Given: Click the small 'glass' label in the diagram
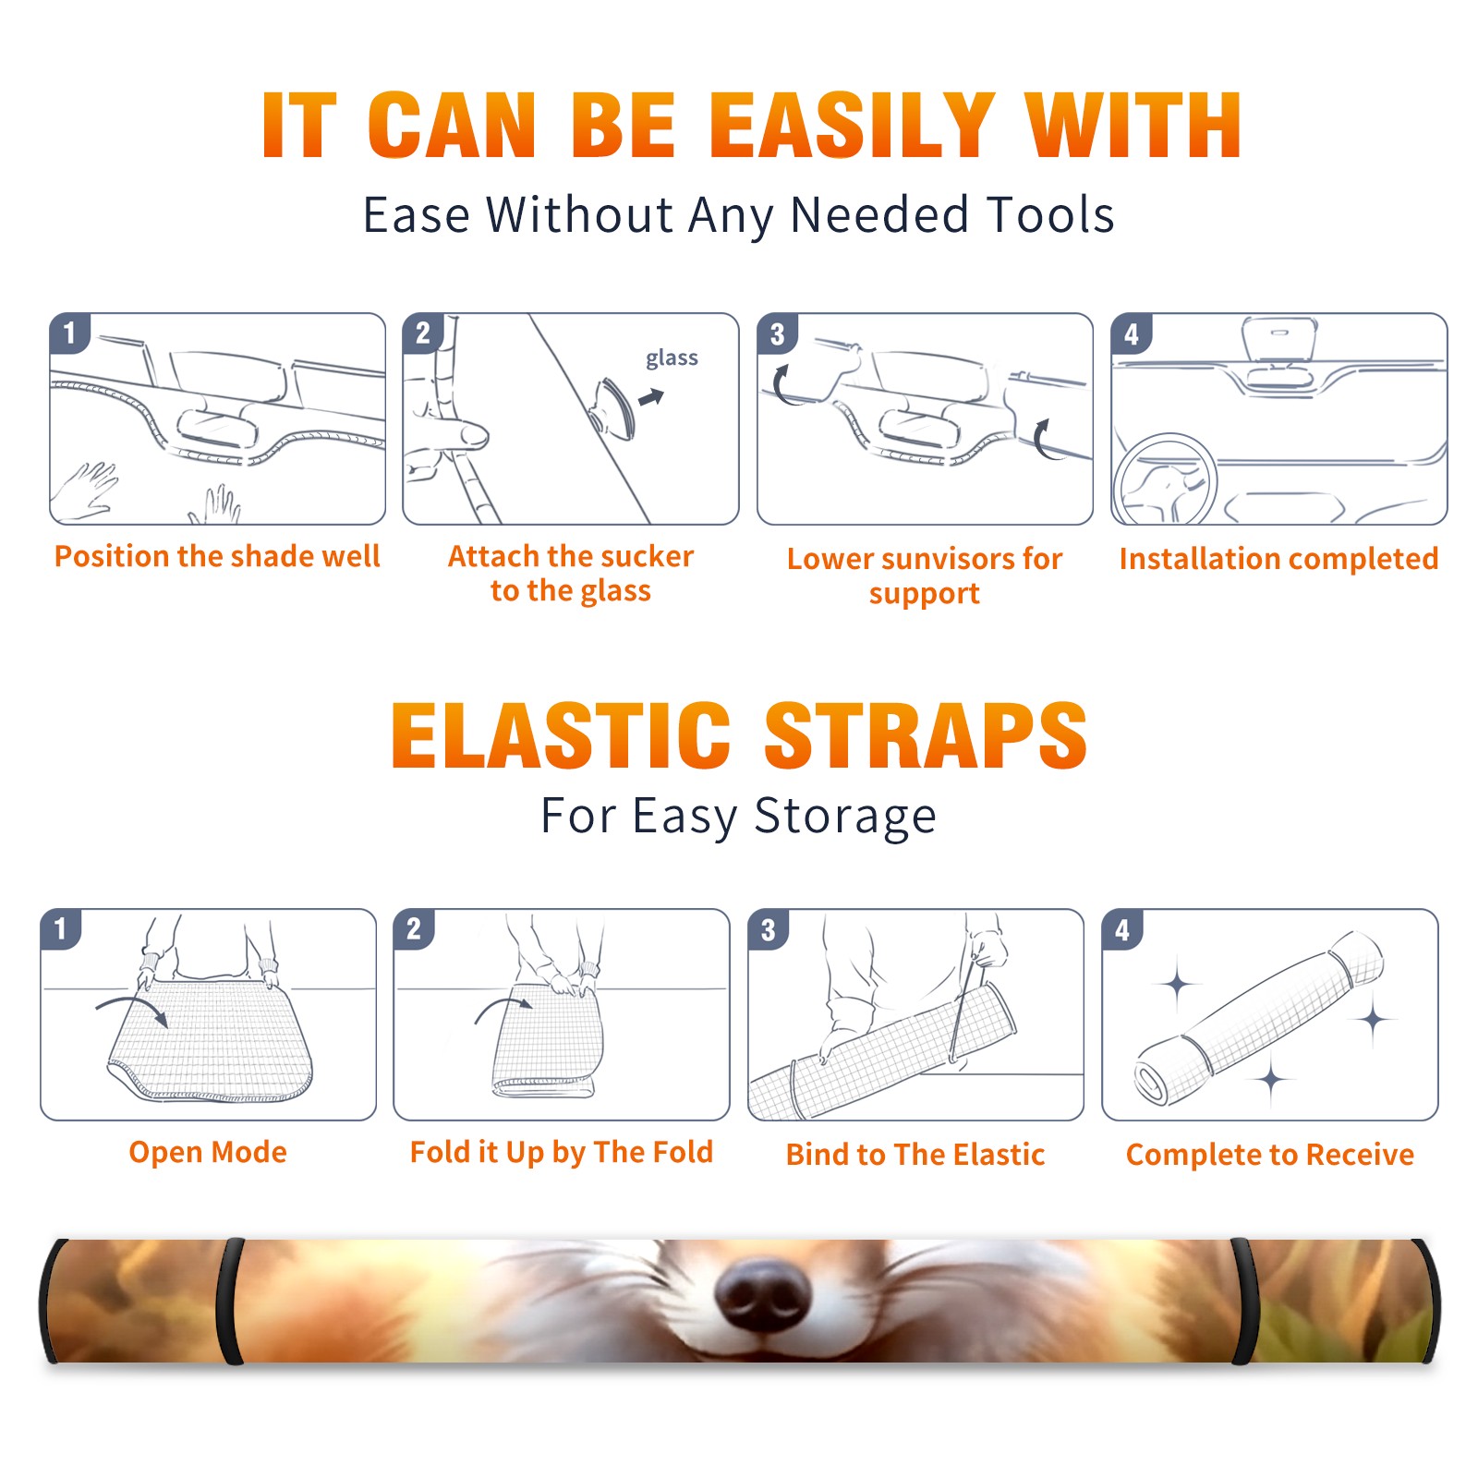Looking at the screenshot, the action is tap(672, 358).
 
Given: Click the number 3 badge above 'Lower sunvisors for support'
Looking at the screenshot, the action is tap(777, 333).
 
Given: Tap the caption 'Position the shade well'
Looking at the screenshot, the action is tap(217, 556).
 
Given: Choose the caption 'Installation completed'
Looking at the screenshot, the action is tap(1278, 558).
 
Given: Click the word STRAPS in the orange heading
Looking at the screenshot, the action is tap(926, 735).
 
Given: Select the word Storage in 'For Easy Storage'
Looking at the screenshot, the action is tap(845, 817).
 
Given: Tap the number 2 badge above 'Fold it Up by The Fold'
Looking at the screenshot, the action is tap(413, 928).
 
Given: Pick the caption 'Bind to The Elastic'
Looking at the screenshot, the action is tap(915, 1154).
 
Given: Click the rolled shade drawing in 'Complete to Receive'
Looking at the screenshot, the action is tap(1258, 1019).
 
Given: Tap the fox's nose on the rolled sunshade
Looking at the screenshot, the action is tap(761, 1291).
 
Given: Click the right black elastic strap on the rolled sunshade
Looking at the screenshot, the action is tap(1244, 1301).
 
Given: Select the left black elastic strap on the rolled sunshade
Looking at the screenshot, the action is tap(231, 1301).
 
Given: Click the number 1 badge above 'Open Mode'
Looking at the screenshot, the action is tap(60, 928).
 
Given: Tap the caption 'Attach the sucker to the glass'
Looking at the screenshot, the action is tap(571, 573).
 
